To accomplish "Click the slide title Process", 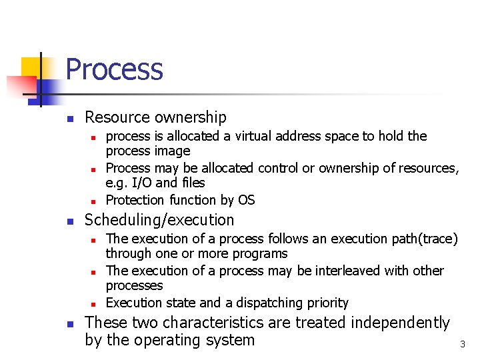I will (x=114, y=69).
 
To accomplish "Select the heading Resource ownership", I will (x=155, y=117).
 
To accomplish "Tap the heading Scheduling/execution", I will (x=159, y=220).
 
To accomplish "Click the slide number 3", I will (x=462, y=345).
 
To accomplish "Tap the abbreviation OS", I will (x=245, y=200).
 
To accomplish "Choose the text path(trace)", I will (x=425, y=239).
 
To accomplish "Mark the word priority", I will (x=324, y=303).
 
